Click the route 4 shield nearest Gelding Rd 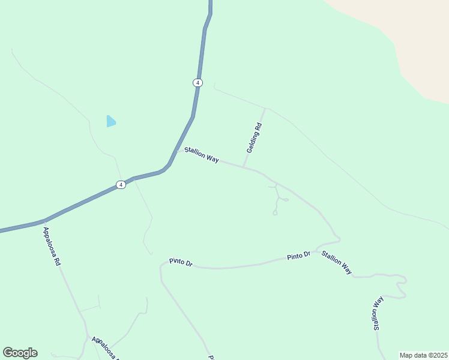tap(197, 82)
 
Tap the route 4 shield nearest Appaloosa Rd tap(121, 185)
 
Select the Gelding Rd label tap(255, 137)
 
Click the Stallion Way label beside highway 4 tap(201, 155)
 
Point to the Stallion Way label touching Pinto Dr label tap(336, 262)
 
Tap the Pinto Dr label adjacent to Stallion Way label tap(298, 256)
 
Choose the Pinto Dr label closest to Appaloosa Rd tap(180, 262)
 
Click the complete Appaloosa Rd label tap(52, 246)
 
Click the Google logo tap(20, 353)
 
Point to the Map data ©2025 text tap(423, 355)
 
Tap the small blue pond tap(110, 121)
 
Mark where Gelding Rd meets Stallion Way tap(243, 167)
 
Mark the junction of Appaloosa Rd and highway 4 tap(44, 221)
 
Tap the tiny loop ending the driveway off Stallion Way tap(275, 212)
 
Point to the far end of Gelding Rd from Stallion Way tap(265, 109)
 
